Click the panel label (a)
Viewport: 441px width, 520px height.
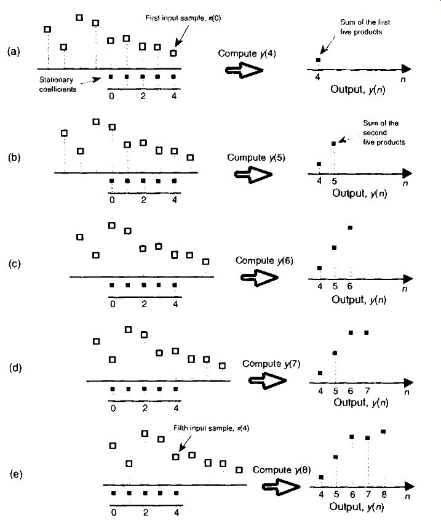click(14, 52)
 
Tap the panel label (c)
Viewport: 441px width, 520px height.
click(15, 263)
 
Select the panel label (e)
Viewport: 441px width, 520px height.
click(16, 474)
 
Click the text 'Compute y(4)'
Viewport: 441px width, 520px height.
click(247, 54)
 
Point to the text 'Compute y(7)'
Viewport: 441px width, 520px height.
click(271, 364)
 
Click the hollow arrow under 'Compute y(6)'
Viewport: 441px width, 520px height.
click(260, 278)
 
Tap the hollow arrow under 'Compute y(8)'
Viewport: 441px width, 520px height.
click(281, 487)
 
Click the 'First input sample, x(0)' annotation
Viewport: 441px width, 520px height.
click(183, 18)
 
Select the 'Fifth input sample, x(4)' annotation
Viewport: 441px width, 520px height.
click(211, 428)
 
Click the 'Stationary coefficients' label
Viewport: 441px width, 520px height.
click(58, 84)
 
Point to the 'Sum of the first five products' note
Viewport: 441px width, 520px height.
click(365, 27)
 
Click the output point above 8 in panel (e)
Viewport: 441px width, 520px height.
click(383, 432)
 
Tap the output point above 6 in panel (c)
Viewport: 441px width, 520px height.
click(350, 228)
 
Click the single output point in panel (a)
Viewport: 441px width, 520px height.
click(319, 60)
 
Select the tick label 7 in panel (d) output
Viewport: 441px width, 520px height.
click(367, 391)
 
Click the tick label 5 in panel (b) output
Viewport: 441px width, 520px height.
click(334, 181)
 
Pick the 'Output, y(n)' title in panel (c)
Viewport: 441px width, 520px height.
click(359, 300)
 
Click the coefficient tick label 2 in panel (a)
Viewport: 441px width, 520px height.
click(143, 96)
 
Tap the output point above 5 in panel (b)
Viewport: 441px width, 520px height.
click(333, 143)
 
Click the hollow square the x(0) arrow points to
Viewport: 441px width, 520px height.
click(173, 53)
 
